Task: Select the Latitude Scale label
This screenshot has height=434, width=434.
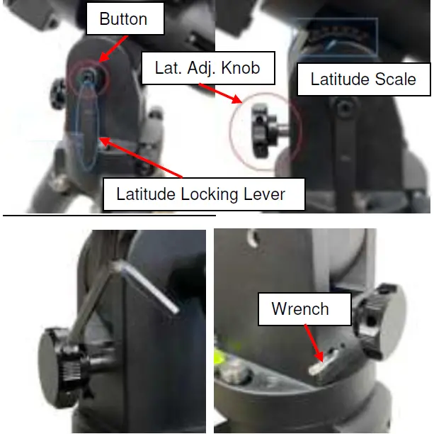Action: tap(363, 79)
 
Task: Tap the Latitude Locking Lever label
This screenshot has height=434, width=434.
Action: tap(204, 193)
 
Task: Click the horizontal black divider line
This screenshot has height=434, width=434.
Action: tap(109, 213)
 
